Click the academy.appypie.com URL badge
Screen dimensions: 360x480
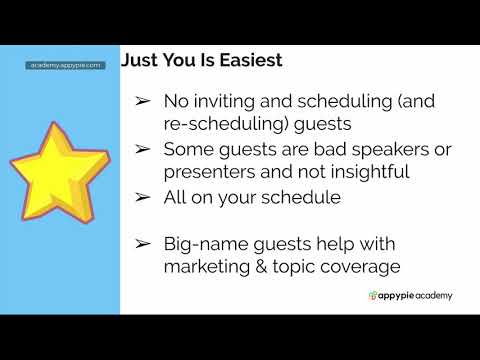(x=65, y=65)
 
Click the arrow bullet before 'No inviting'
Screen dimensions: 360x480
(x=143, y=102)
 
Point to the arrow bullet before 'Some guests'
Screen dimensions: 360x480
(x=143, y=150)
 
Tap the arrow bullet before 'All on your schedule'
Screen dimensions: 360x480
(x=143, y=198)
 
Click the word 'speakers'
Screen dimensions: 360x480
(x=353, y=149)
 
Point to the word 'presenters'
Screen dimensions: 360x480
(x=206, y=171)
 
